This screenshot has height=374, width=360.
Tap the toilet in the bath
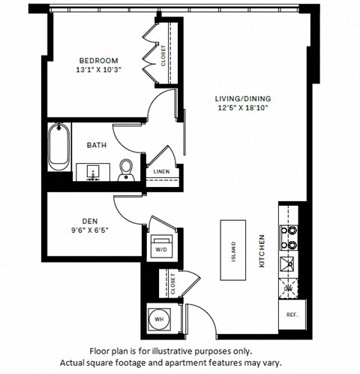point(127,168)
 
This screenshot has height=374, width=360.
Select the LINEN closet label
point(161,171)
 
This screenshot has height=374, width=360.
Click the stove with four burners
point(287,237)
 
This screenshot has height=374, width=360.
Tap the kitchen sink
point(287,263)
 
